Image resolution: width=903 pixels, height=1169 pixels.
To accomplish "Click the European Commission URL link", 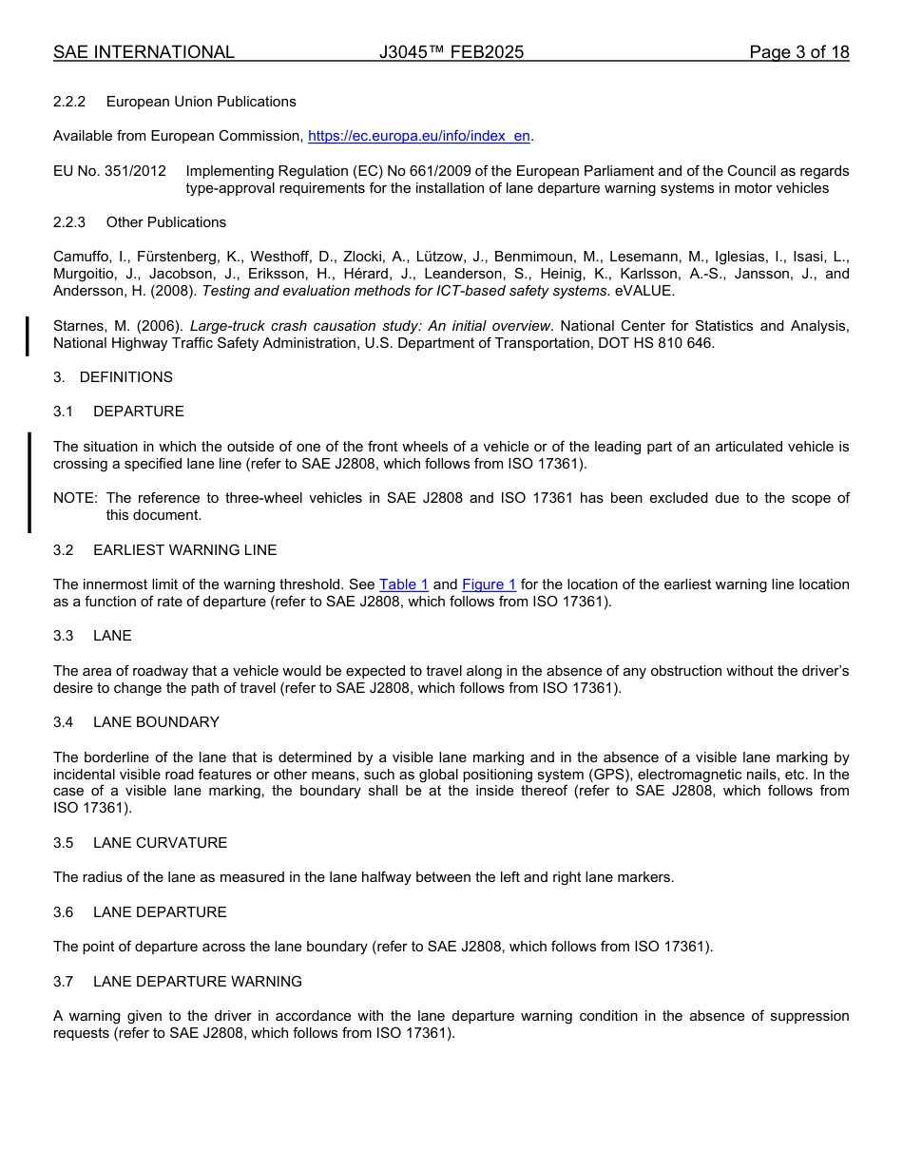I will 419,136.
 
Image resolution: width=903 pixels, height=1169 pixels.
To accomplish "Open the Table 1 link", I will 404,584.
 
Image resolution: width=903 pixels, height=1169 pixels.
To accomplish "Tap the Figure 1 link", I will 489,584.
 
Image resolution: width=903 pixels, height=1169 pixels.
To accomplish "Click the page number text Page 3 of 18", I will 798,52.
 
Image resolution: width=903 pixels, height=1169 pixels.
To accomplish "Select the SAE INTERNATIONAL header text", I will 144,52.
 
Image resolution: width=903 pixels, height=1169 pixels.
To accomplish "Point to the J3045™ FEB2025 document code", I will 451,52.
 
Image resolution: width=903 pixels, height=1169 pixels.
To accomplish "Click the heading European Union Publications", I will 201,102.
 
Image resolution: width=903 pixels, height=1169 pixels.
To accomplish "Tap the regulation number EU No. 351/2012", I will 109,171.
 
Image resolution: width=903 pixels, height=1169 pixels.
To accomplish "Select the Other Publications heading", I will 165,222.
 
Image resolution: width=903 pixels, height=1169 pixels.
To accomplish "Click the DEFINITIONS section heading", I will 125,377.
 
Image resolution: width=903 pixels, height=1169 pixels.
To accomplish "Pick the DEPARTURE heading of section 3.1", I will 138,412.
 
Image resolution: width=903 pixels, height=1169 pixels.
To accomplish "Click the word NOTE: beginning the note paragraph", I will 75,498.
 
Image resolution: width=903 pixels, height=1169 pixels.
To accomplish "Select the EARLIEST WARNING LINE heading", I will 184,550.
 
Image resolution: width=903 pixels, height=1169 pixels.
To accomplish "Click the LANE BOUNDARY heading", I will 156,722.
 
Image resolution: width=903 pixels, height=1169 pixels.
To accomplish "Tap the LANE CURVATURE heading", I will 160,843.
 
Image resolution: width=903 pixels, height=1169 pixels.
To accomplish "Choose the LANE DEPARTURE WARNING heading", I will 197,982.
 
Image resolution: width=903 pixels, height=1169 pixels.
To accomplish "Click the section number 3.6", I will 63,912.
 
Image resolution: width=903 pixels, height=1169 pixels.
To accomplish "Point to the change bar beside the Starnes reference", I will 28,335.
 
